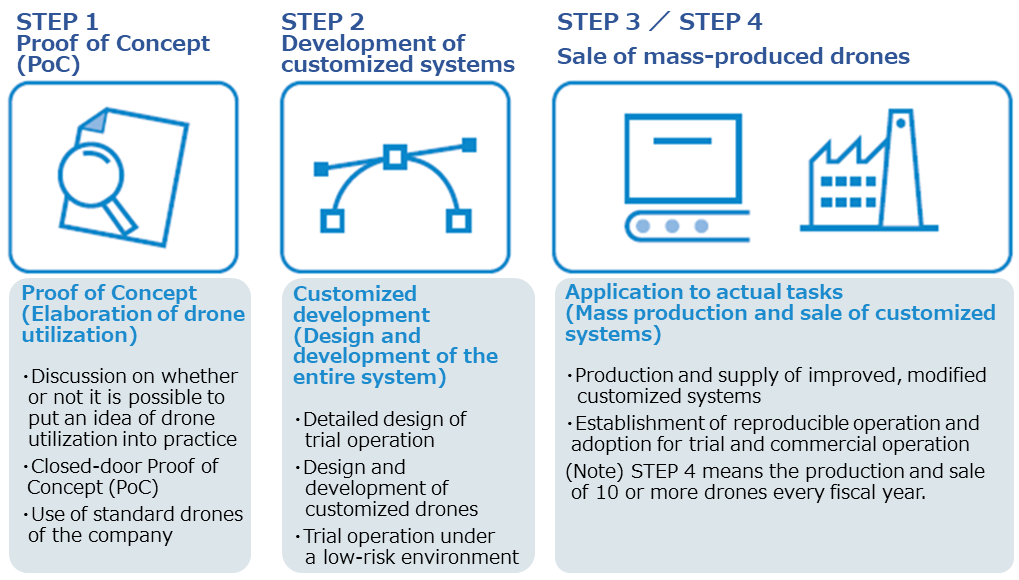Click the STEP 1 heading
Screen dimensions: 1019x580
click(x=57, y=21)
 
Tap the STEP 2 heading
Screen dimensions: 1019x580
click(x=322, y=21)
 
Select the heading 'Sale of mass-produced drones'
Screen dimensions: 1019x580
click(x=733, y=57)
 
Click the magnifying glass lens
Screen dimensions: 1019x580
click(x=90, y=174)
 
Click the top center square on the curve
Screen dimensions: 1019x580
click(x=395, y=157)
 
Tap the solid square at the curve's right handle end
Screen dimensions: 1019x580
click(x=469, y=144)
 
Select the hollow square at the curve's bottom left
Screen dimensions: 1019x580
click(x=332, y=221)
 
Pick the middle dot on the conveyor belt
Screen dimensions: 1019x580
click(x=672, y=226)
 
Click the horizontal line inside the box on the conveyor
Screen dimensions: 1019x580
click(x=682, y=140)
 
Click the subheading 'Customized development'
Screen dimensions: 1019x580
click(x=361, y=304)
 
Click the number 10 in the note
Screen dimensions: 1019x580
click(x=607, y=492)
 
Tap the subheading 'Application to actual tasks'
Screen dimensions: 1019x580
click(x=704, y=292)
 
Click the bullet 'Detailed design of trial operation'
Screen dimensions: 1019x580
click(x=381, y=430)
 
